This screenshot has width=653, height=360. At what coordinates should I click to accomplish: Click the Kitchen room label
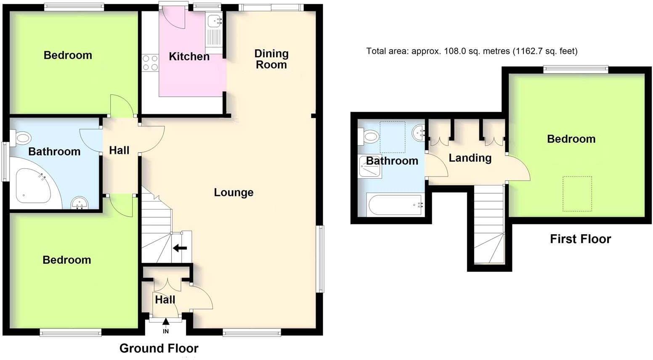point(189,56)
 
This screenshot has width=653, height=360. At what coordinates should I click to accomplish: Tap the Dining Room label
point(271,59)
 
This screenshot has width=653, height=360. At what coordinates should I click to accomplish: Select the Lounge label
point(234,193)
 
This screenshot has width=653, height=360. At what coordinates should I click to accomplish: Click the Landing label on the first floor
point(470,158)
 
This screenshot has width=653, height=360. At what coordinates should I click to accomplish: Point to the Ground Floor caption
point(159,348)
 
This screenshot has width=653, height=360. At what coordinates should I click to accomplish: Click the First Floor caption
point(580,239)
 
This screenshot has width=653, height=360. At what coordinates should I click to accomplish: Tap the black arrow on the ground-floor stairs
point(180,248)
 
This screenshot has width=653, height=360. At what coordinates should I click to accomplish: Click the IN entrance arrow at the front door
point(166,323)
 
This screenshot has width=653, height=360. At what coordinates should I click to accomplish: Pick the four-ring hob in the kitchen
point(150,63)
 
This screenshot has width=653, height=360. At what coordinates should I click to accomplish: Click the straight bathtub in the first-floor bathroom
point(395,205)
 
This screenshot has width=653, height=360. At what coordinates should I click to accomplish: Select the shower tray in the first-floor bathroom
point(370,167)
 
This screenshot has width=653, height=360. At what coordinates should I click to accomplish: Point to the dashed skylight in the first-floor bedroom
point(577,193)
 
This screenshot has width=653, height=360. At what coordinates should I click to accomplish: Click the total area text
point(472,51)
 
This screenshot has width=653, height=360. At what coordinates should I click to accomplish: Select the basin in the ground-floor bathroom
point(79,203)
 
